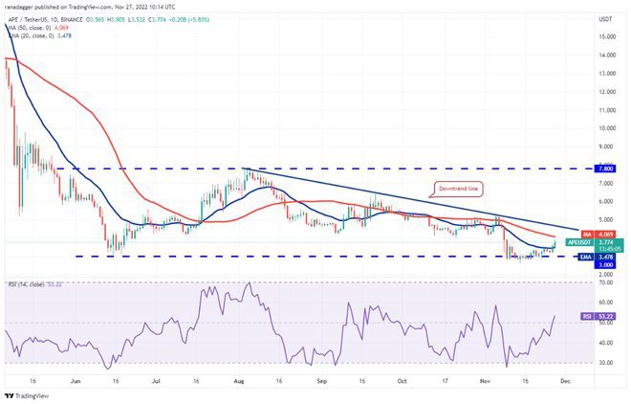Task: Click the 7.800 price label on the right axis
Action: [x=606, y=168]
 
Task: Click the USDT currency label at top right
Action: [x=604, y=18]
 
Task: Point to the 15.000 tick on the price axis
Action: [x=605, y=36]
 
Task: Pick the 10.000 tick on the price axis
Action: [x=605, y=127]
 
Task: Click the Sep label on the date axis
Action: [x=322, y=380]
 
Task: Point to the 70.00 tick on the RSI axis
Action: [x=605, y=282]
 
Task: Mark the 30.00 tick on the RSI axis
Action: [x=605, y=362]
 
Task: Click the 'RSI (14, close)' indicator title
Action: [x=32, y=284]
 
